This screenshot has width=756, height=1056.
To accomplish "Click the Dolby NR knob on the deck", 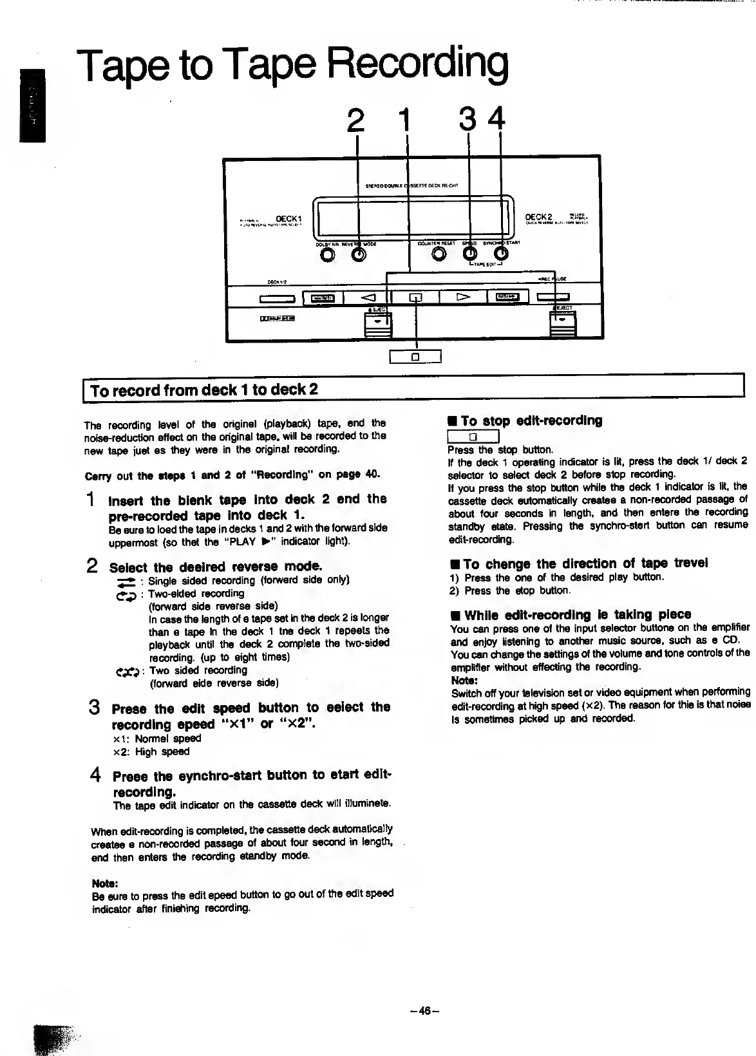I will point(328,256).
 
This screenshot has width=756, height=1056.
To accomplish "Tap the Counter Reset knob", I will point(439,255).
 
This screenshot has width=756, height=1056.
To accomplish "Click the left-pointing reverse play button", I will point(367,297).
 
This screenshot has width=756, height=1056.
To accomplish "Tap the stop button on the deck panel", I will point(415,297).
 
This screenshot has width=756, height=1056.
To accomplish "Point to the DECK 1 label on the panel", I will point(290,218).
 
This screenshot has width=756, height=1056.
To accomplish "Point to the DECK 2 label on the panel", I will point(539,217).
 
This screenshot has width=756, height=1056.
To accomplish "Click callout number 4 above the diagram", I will point(496,119).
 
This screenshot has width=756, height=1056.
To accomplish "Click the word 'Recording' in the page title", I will point(417,64).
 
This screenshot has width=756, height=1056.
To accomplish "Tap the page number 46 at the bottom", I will point(424,1010).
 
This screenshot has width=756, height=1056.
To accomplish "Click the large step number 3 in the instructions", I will point(94,707).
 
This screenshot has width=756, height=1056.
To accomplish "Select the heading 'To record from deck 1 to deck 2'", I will point(205,390).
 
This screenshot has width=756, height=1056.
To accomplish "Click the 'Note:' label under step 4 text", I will point(105,883).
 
